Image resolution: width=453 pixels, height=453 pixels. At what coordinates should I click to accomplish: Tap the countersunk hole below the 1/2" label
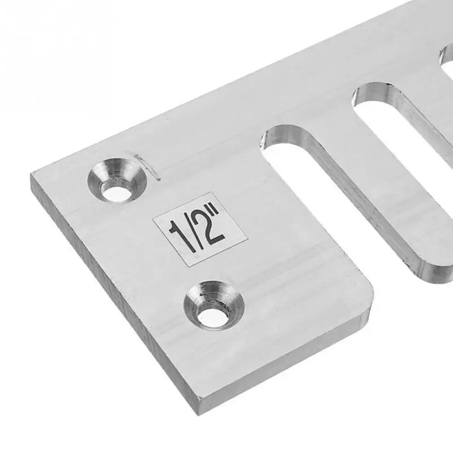pyautogui.click(x=213, y=309)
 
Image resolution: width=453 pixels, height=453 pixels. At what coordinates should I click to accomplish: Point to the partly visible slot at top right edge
pyautogui.click(x=446, y=59)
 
